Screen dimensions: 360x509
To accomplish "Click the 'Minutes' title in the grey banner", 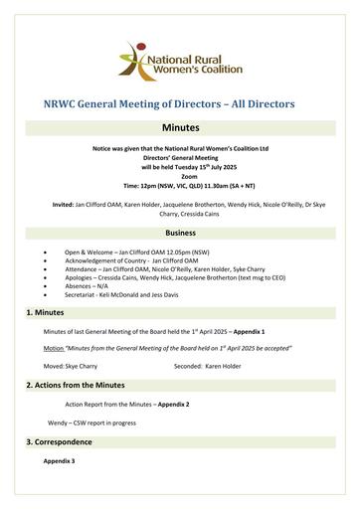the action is click(x=180, y=128).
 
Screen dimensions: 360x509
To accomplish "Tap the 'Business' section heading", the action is click(x=180, y=230).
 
